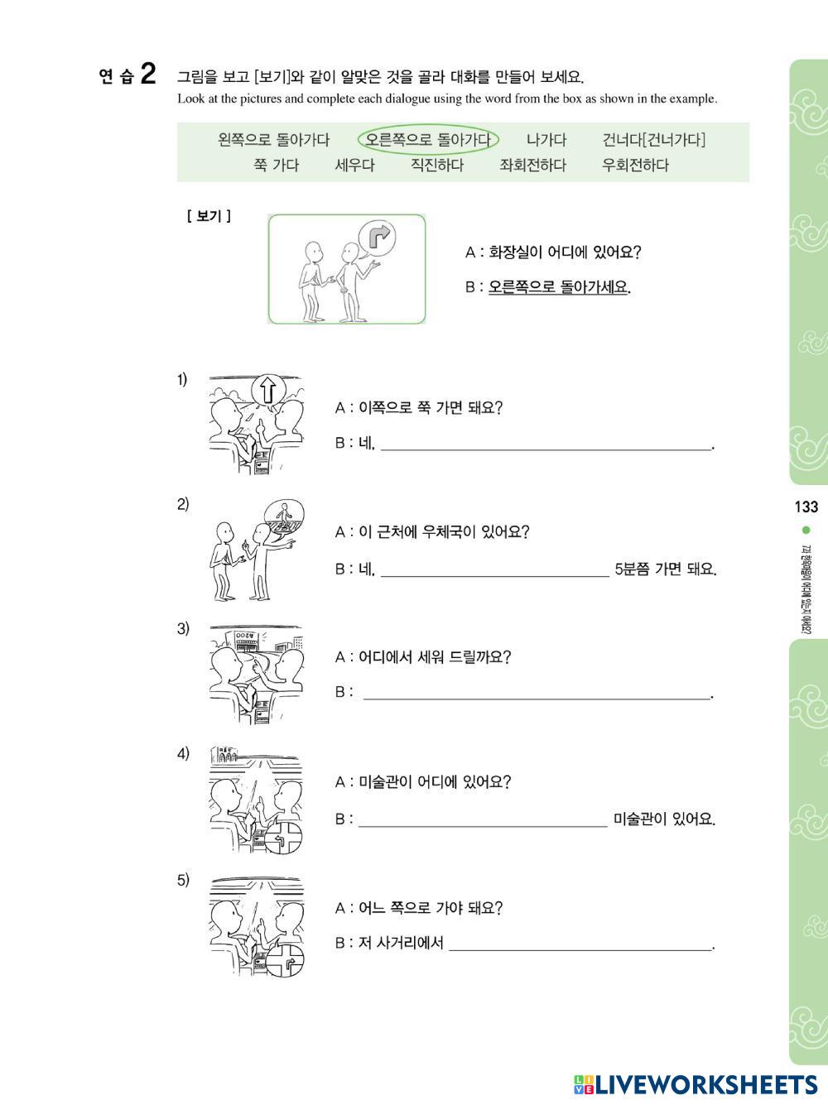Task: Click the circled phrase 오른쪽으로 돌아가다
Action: coord(428,139)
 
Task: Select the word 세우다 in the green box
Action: coord(355,165)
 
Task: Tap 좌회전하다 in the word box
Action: coord(532,165)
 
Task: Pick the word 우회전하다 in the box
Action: coord(635,165)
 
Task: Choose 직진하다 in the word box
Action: coord(437,165)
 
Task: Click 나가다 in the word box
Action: coord(546,139)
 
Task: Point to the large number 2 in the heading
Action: coord(148,74)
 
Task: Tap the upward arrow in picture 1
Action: coord(268,390)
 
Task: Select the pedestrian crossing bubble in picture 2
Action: coord(284,517)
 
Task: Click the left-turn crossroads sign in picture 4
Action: coord(283,839)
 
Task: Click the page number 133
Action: coord(806,507)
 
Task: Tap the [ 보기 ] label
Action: coord(209,217)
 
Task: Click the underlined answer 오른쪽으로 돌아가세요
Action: coord(559,287)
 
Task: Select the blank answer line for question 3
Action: coord(537,699)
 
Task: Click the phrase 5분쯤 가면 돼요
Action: coord(666,569)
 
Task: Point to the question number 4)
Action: coord(183,753)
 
